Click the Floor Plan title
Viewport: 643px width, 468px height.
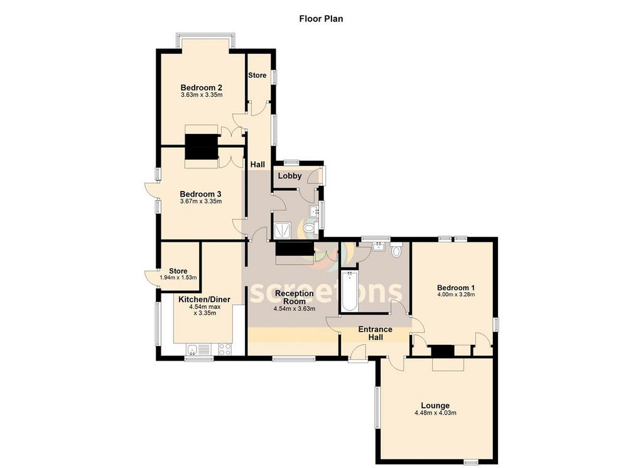(321, 19)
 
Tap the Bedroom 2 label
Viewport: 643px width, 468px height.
(202, 88)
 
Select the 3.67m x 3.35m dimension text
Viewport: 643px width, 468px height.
(201, 202)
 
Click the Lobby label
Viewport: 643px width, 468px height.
(290, 176)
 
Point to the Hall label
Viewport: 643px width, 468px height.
(257, 165)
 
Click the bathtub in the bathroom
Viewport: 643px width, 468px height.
(349, 291)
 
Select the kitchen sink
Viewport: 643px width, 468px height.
(198, 349)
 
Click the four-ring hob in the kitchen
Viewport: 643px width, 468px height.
(225, 349)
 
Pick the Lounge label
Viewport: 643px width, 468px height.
(436, 406)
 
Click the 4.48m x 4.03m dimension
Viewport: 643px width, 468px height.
(436, 413)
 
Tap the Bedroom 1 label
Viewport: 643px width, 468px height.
(456, 288)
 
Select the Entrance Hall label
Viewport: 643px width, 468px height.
(376, 333)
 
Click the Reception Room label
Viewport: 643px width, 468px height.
(294, 297)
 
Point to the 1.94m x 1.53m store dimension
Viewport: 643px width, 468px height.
(178, 278)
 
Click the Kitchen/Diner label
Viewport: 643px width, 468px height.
(205, 300)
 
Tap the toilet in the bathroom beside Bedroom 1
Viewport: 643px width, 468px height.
(396, 250)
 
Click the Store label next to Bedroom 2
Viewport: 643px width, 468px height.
(257, 75)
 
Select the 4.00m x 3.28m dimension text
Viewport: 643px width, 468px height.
(456, 295)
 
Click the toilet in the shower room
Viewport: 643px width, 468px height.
(309, 227)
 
